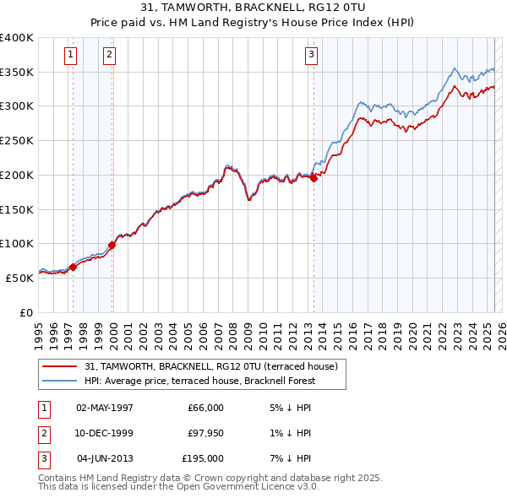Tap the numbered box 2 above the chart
pyautogui.click(x=110, y=56)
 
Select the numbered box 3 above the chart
pyautogui.click(x=311, y=56)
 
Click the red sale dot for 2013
pyautogui.click(x=313, y=178)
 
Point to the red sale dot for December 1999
pyautogui.click(x=112, y=245)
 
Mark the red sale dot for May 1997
pyautogui.click(x=73, y=267)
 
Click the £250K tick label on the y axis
pyautogui.click(x=17, y=140)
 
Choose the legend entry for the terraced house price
pyautogui.click(x=211, y=366)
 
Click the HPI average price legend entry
pyautogui.click(x=199, y=381)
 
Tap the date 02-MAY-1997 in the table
pyautogui.click(x=105, y=408)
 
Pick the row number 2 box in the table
pyautogui.click(x=43, y=433)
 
